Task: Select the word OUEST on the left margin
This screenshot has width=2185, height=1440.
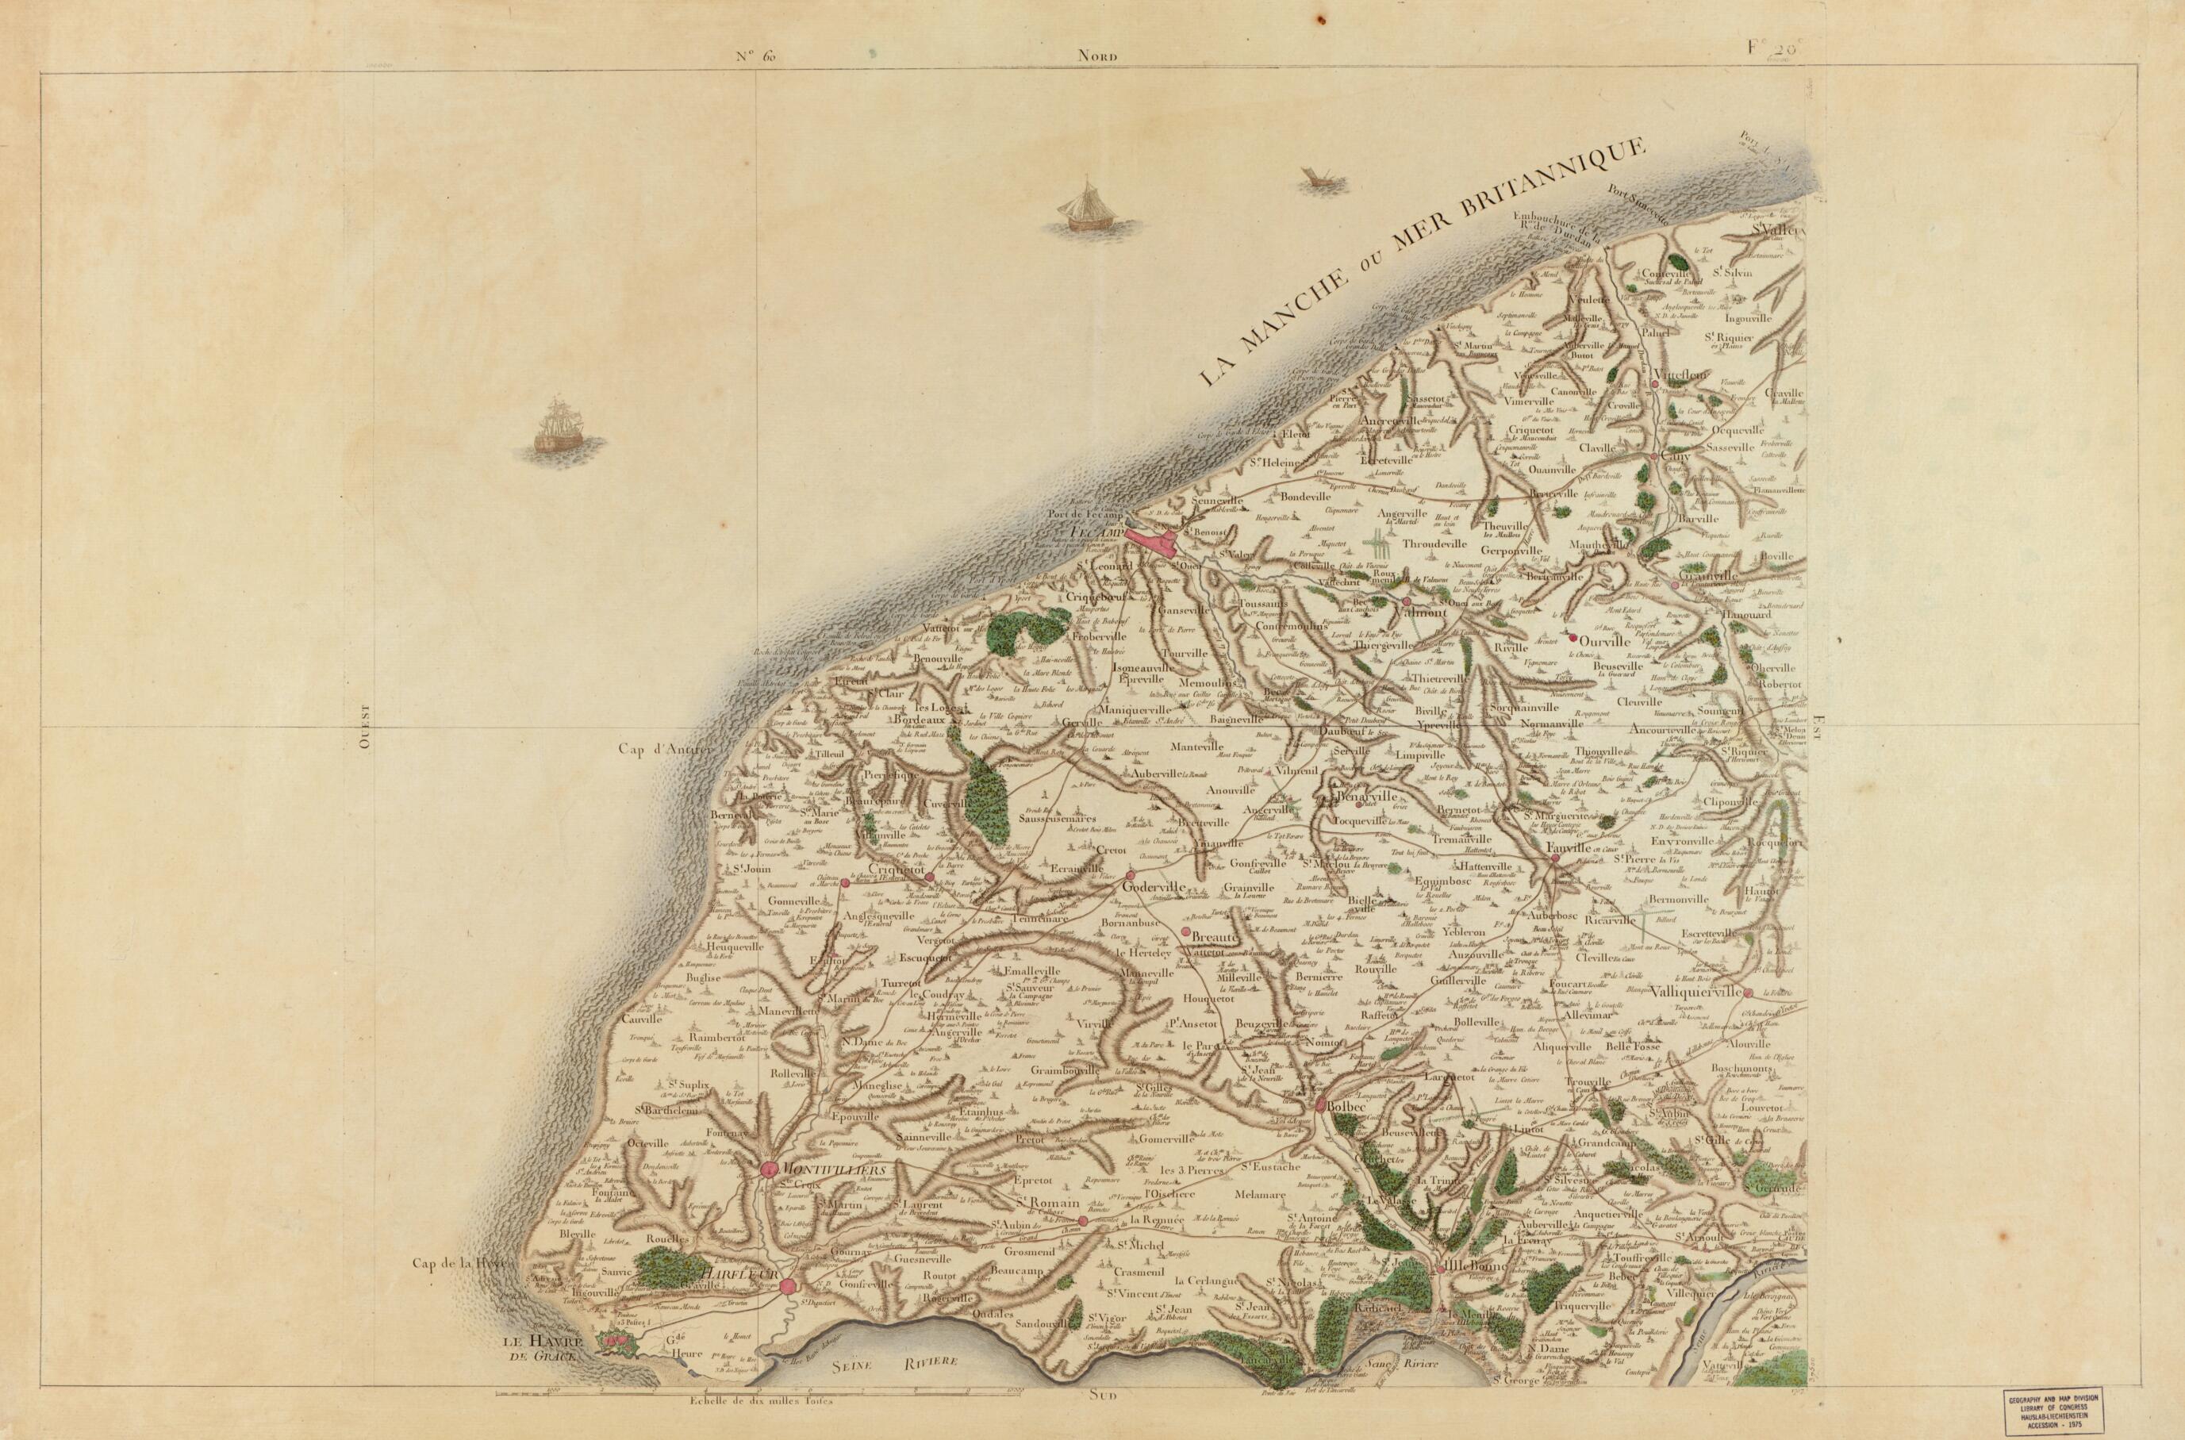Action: [x=363, y=728]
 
